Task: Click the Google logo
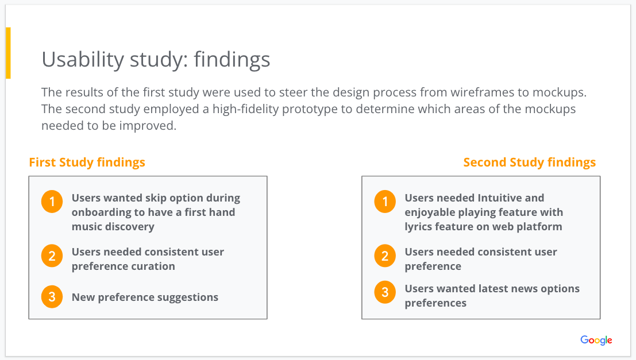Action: pyautogui.click(x=596, y=340)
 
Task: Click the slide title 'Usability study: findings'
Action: pyautogui.click(x=156, y=60)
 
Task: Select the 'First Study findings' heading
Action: pyautogui.click(x=87, y=162)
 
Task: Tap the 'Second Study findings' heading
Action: pyautogui.click(x=529, y=162)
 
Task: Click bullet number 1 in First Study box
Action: pyautogui.click(x=52, y=202)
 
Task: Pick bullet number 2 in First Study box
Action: pyautogui.click(x=52, y=256)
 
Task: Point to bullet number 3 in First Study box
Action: pyautogui.click(x=52, y=297)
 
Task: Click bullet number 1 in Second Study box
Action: pyautogui.click(x=385, y=202)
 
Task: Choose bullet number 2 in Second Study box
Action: pyautogui.click(x=385, y=256)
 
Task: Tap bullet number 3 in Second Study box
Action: pyautogui.click(x=385, y=292)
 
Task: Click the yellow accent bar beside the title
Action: pyautogui.click(x=8, y=53)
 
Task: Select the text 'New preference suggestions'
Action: pyautogui.click(x=145, y=297)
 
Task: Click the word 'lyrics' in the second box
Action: pyautogui.click(x=419, y=227)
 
